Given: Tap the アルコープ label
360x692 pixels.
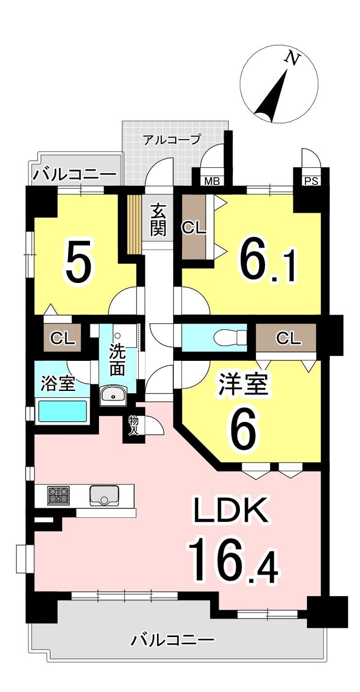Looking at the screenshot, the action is [x=171, y=140].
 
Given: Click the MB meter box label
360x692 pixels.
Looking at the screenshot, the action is [x=212, y=181].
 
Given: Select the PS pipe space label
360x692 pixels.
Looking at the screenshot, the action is [x=311, y=181].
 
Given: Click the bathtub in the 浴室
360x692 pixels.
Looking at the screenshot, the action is [x=62, y=411].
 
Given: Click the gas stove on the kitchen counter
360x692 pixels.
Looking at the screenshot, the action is [x=58, y=496].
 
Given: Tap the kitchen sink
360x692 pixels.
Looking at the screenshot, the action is [x=104, y=496].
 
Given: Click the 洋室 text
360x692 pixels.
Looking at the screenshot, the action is [x=242, y=384].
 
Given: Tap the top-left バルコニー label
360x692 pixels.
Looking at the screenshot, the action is [x=74, y=175].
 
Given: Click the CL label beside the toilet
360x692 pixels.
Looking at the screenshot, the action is [x=288, y=338].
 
